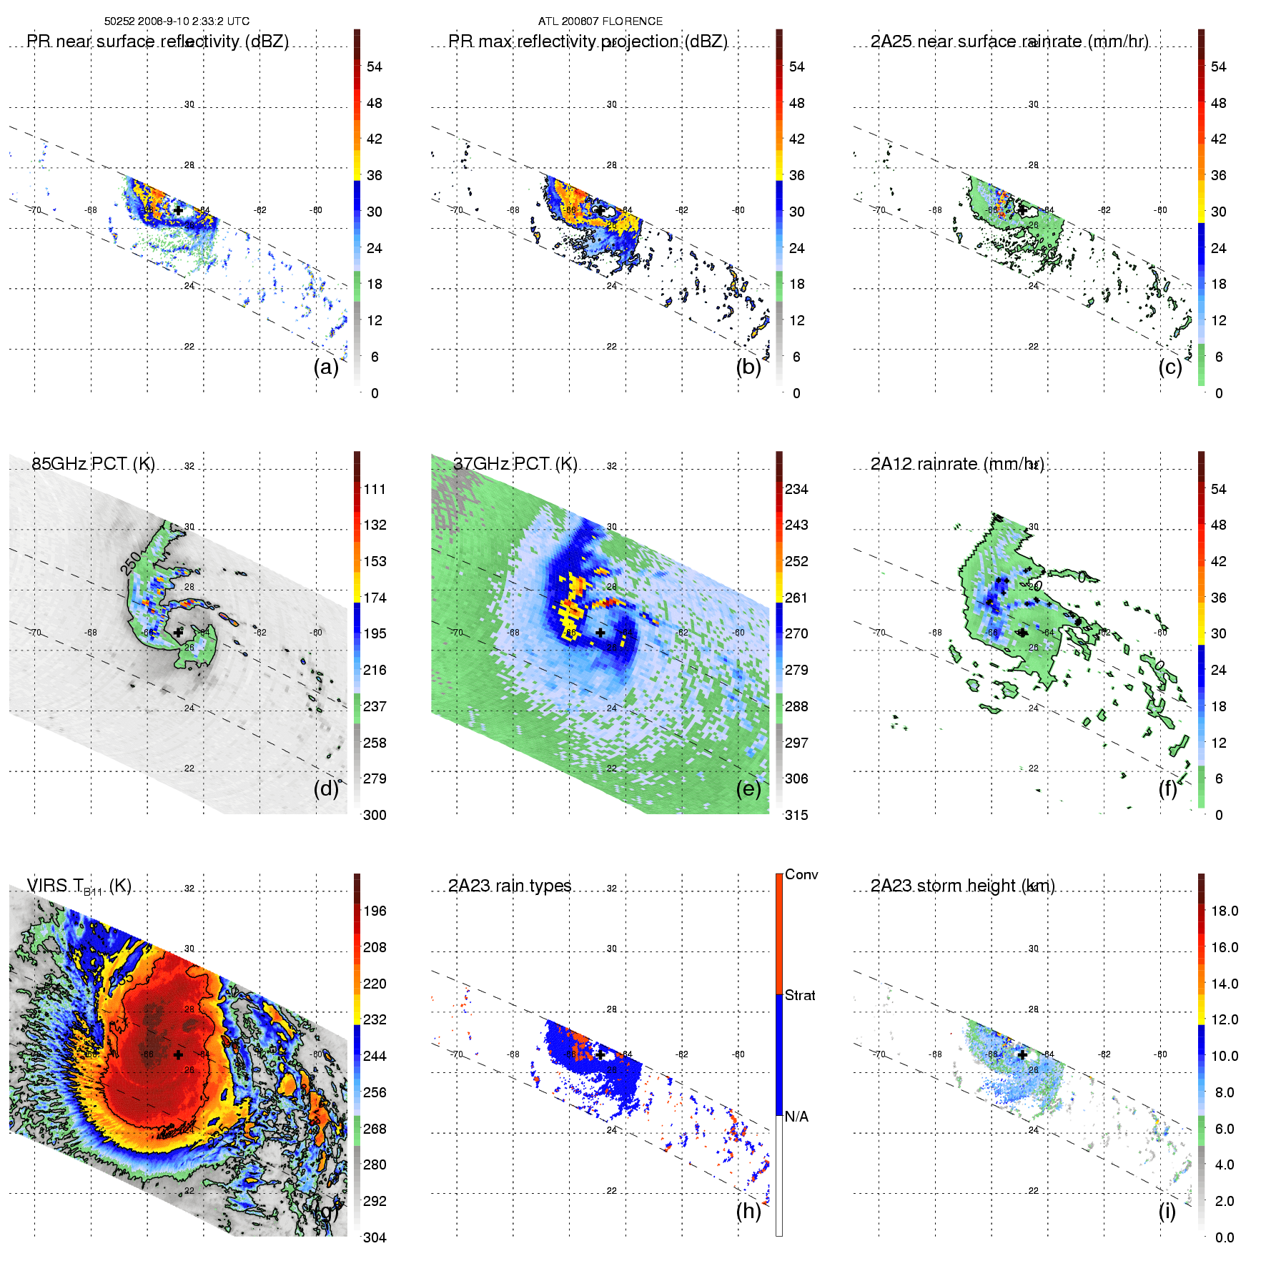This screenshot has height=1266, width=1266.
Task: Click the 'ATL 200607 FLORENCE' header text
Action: click(600, 21)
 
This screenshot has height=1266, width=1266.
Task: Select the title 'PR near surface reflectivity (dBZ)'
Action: click(157, 41)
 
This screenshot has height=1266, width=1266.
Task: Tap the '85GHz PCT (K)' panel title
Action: click(93, 464)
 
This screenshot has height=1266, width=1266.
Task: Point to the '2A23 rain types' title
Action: click(510, 886)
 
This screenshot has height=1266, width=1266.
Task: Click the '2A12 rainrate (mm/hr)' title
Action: click(956, 464)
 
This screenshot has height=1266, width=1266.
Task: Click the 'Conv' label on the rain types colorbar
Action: click(801, 874)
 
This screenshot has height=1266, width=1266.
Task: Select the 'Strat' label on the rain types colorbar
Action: click(800, 995)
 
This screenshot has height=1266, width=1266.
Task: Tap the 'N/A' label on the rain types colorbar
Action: click(796, 1117)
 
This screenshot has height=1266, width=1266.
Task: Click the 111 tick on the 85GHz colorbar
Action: click(375, 489)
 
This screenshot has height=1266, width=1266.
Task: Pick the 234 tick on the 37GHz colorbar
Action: click(796, 489)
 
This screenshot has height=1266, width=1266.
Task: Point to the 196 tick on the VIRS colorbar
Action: click(375, 911)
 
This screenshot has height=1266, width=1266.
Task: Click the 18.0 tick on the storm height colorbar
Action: click(1224, 911)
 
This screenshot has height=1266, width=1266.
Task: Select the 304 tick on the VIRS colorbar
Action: click(375, 1237)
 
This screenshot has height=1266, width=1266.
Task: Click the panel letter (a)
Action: click(326, 367)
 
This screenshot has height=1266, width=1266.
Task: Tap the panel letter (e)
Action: click(748, 788)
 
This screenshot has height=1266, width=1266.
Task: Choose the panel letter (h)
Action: click(748, 1210)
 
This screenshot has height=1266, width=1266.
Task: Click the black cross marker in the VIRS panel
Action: click(178, 1054)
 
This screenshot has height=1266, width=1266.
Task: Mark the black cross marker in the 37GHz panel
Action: click(600, 633)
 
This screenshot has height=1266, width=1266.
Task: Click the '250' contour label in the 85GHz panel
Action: click(131, 563)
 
